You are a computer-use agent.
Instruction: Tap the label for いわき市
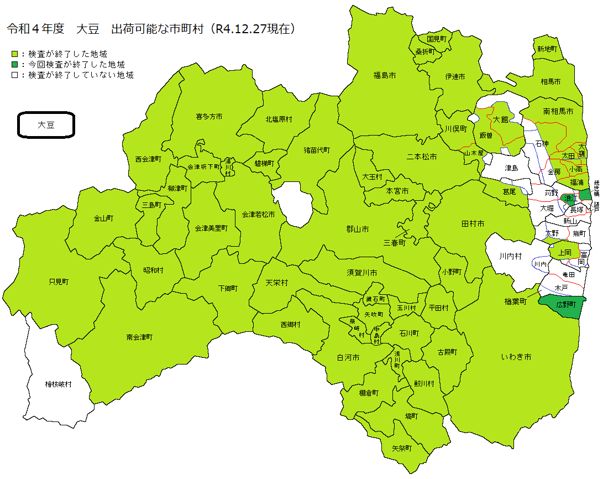click(516, 357)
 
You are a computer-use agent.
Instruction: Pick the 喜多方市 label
click(209, 117)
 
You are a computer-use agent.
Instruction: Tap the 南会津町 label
click(139, 337)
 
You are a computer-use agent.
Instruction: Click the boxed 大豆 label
click(46, 125)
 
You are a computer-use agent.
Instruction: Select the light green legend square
click(15, 54)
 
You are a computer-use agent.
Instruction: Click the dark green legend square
click(15, 65)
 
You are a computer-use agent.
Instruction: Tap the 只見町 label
click(59, 282)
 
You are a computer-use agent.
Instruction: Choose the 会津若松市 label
click(257, 214)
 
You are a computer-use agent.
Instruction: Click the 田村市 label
click(473, 224)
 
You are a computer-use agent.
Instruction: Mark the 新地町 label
click(547, 49)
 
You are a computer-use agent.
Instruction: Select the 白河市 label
click(348, 358)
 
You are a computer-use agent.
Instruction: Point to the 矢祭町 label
click(402, 448)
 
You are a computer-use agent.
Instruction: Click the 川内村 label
click(510, 256)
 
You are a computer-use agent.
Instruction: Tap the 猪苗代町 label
click(317, 150)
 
